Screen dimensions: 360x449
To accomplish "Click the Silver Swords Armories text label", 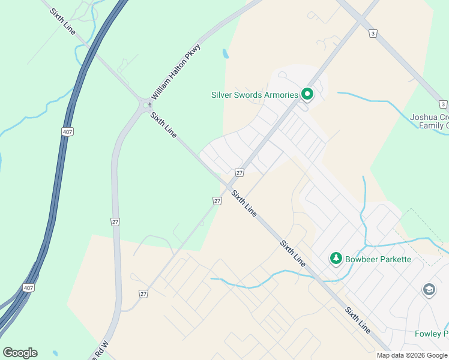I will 255,95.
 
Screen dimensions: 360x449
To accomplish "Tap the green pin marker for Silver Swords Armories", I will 307,94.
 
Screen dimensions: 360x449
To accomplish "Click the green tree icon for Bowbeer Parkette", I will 336,259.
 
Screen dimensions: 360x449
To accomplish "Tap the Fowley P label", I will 431,334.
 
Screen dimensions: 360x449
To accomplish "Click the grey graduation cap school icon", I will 429,290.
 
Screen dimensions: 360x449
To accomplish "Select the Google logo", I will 20,353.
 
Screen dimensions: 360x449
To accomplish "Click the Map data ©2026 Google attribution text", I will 412,355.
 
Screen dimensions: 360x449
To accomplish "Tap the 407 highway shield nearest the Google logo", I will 28,288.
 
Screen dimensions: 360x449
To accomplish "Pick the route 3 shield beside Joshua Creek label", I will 442,104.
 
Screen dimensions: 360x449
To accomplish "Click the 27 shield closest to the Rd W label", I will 143,293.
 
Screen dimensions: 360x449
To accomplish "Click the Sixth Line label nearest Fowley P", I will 357,320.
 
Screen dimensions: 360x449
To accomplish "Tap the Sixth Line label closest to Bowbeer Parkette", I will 293,253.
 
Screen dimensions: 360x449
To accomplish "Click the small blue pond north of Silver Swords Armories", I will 225,53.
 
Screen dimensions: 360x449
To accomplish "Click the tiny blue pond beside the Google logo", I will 55,353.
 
